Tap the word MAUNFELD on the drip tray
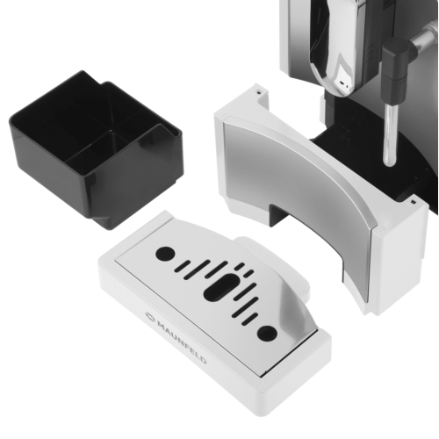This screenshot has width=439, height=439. pyautogui.click(x=182, y=342)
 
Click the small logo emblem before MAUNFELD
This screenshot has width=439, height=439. pyautogui.click(x=151, y=316)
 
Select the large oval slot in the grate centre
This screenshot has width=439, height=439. pyautogui.click(x=221, y=288)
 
